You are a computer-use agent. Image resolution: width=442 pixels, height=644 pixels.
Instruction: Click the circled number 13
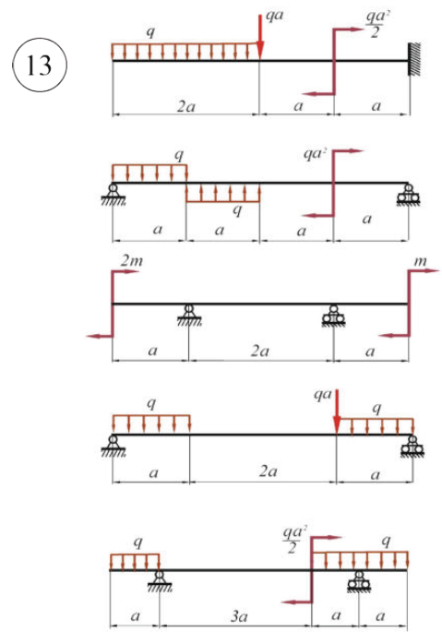tap(40, 65)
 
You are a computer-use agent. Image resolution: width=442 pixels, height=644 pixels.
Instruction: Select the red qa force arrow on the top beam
tap(260, 37)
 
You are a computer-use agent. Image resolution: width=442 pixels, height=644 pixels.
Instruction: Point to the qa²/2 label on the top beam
tap(377, 24)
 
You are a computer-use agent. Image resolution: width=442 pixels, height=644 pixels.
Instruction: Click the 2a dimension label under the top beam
tap(185, 107)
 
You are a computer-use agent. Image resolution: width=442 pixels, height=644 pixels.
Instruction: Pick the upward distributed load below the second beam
tap(223, 193)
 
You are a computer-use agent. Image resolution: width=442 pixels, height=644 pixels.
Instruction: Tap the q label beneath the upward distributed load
tap(237, 210)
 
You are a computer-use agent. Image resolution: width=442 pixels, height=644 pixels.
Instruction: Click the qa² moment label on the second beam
tap(315, 154)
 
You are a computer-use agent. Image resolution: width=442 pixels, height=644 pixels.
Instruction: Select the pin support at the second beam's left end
tap(113, 194)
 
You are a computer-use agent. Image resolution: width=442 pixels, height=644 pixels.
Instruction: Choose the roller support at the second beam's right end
tap(408, 194)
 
